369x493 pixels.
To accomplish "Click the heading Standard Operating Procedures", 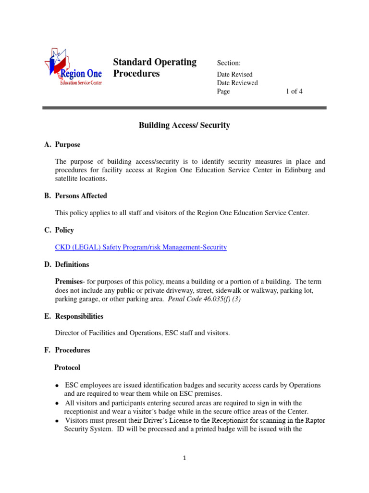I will [x=154, y=68].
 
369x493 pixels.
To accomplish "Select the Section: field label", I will [x=229, y=63].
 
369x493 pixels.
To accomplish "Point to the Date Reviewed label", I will [x=237, y=83].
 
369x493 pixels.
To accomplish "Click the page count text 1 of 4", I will [x=294, y=91].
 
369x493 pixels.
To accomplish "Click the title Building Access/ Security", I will [x=184, y=126].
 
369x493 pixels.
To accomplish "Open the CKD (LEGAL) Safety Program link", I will [x=141, y=247].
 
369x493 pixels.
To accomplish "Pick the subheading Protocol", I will [x=67, y=368].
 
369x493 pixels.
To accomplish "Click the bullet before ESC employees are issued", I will [x=57, y=386].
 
